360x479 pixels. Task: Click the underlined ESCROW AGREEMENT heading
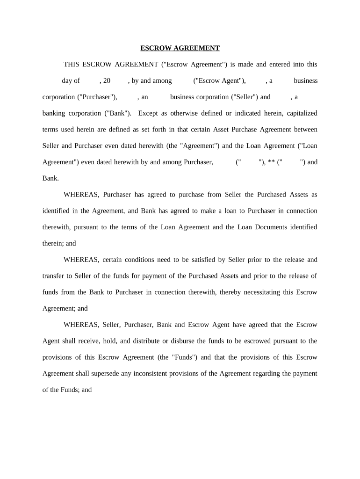tap(180, 48)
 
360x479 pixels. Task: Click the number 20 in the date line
tap(107, 80)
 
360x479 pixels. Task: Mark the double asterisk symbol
tap(271, 162)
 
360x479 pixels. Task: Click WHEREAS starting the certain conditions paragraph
tap(81, 260)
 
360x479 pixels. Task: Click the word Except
tap(148, 113)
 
